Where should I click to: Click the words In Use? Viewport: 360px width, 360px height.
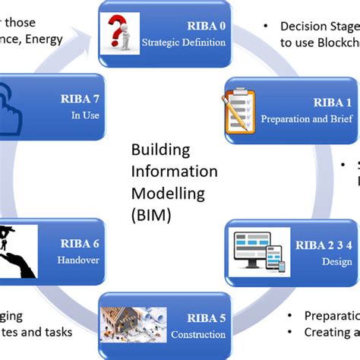click(x=77, y=115)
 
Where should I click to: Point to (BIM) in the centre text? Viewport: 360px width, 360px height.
click(x=151, y=215)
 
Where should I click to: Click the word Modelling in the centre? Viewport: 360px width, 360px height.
click(x=168, y=193)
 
